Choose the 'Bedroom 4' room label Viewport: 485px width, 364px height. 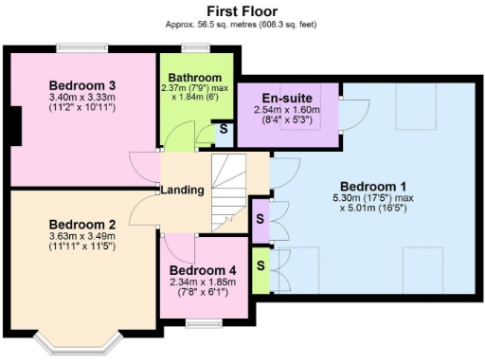(206, 268)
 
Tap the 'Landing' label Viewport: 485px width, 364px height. (183, 191)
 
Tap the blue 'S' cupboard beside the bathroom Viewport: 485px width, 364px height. (223, 128)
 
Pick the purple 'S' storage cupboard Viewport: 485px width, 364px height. (260, 219)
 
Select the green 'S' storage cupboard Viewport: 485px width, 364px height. (260, 260)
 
